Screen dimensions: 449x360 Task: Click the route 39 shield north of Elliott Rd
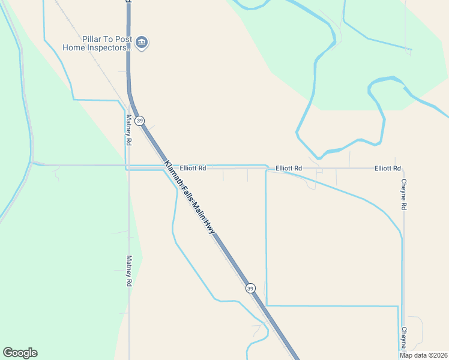140,121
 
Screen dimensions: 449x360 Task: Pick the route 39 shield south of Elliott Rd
250,289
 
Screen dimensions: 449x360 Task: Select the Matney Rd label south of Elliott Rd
128,271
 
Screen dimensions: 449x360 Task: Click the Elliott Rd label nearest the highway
193,169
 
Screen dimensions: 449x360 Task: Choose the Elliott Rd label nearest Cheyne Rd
387,169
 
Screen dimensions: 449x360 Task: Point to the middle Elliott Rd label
289,169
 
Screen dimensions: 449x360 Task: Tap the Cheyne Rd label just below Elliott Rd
404,194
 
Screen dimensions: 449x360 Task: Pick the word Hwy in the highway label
209,226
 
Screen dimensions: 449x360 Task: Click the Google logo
20,353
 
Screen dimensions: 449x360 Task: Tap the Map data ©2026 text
423,355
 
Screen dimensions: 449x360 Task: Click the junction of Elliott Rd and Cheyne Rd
403,169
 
